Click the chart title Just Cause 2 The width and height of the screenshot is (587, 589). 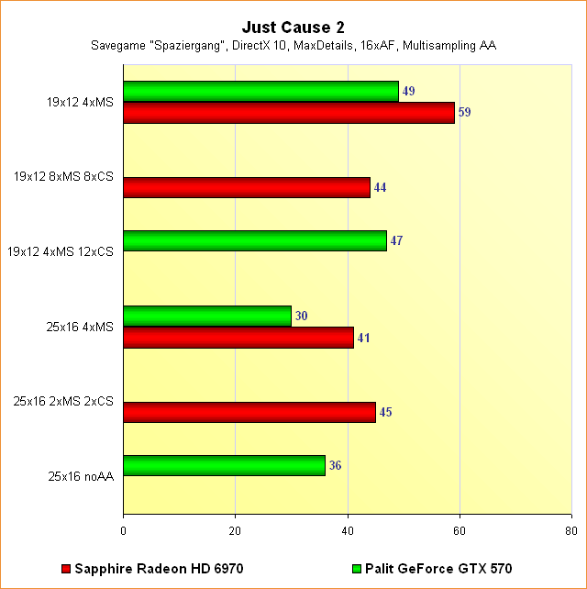tap(293, 28)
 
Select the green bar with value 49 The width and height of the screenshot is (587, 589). tap(260, 92)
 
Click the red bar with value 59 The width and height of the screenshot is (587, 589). tap(289, 113)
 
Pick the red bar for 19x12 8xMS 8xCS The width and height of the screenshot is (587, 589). tap(247, 187)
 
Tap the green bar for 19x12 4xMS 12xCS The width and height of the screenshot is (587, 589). tap(255, 241)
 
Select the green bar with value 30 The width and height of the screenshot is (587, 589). tap(207, 316)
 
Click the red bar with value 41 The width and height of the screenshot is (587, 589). tap(238, 338)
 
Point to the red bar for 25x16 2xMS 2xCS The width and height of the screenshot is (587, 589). tap(249, 412)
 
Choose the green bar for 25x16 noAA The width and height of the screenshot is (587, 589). tap(224, 466)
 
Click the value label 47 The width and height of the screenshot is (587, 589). tap(397, 241)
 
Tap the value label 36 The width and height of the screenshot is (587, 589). tap(336, 466)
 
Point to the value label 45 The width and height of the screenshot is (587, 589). tap(386, 412)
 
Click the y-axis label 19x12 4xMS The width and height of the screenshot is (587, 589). tap(80, 103)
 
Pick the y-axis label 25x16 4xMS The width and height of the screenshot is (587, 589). tap(80, 327)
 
